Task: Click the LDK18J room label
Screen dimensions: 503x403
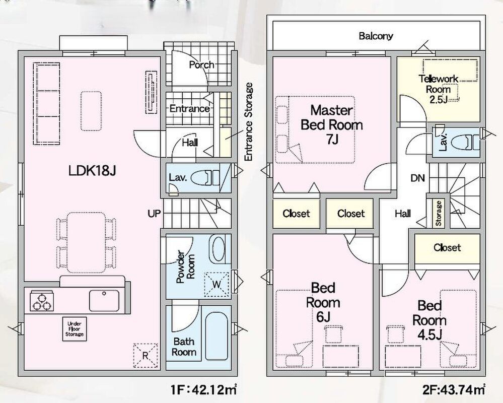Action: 92,171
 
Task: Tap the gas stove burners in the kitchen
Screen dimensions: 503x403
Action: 42,301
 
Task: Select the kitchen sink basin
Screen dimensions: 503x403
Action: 104,301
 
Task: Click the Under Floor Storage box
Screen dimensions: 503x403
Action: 75,329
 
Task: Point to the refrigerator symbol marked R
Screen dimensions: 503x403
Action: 146,356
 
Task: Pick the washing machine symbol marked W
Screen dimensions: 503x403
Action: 217,284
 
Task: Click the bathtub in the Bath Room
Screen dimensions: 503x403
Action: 216,337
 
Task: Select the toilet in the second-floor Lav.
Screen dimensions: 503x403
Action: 465,142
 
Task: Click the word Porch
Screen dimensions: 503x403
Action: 201,65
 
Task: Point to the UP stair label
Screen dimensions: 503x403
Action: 154,214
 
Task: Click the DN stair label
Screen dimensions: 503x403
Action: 418,178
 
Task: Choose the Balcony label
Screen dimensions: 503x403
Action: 376,36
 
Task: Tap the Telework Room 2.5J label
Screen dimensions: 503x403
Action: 438,89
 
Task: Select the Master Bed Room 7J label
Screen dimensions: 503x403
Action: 332,124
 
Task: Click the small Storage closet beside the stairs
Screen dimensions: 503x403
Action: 439,213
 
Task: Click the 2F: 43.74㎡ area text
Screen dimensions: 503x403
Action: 454,390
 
